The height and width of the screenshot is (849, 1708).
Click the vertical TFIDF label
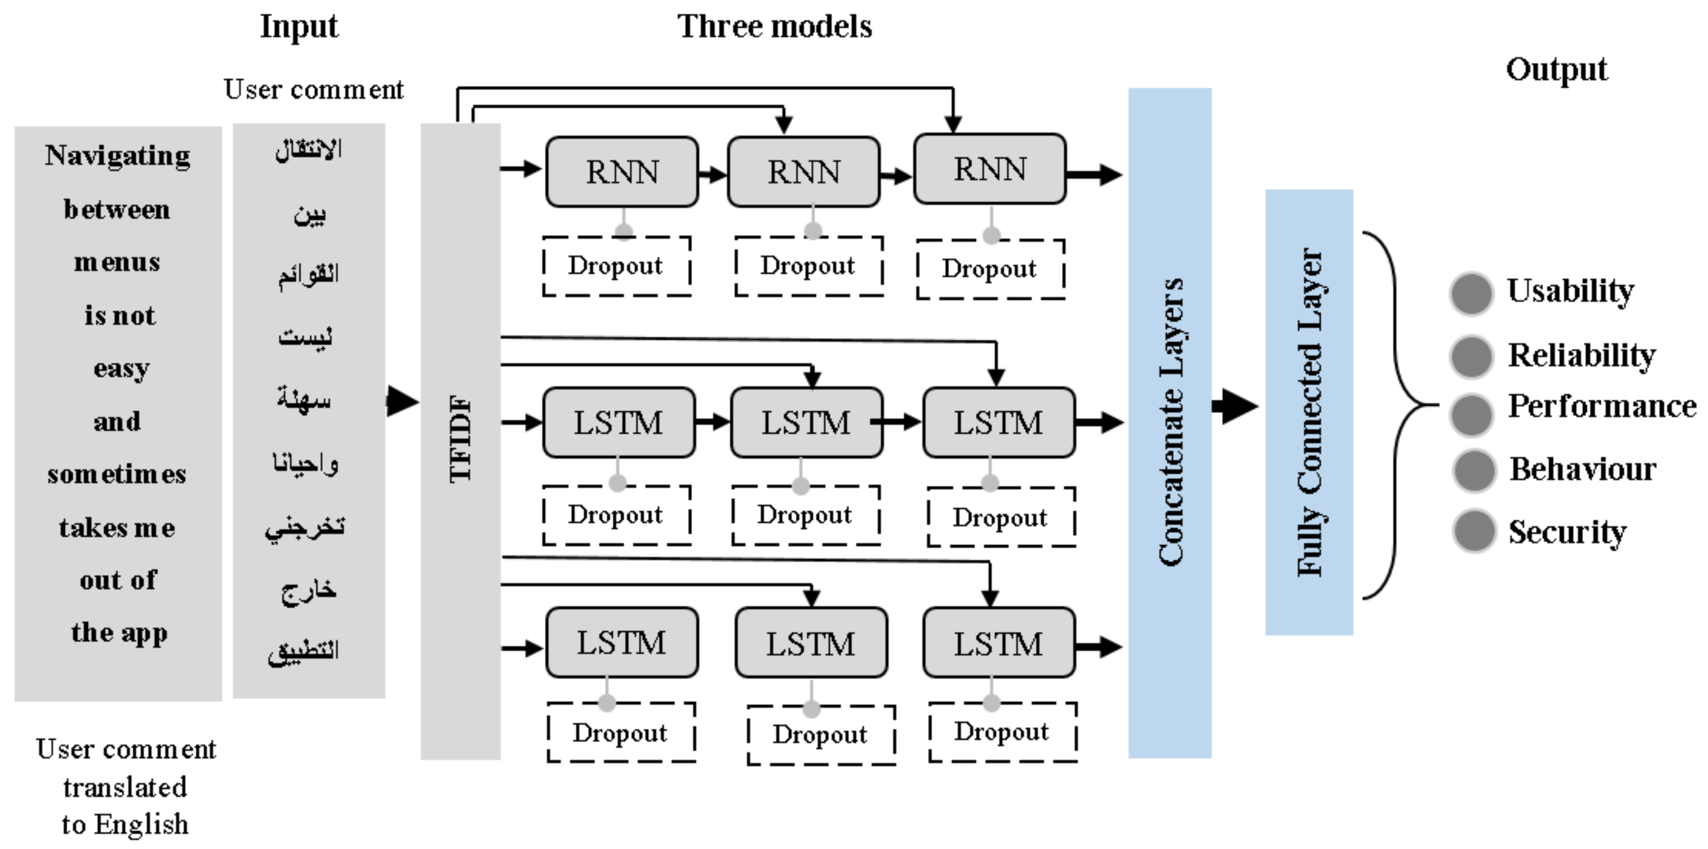click(460, 439)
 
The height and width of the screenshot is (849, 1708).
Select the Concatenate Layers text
click(1171, 422)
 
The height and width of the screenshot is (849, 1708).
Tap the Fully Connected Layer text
click(1309, 412)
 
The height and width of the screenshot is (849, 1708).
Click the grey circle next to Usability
click(1471, 293)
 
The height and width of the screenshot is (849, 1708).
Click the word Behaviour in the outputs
click(1583, 469)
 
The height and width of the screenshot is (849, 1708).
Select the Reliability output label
click(1581, 355)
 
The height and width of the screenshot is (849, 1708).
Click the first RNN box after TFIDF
click(622, 172)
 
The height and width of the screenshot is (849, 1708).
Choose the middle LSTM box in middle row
click(806, 423)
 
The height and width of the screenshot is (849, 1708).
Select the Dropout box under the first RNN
click(616, 266)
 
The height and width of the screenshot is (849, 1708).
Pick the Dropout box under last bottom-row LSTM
click(1002, 732)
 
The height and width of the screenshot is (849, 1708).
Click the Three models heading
click(775, 27)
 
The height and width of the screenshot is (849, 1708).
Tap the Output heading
click(1556, 69)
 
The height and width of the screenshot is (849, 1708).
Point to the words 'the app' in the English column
click(119, 633)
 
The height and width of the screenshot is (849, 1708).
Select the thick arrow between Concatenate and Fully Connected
click(1235, 406)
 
